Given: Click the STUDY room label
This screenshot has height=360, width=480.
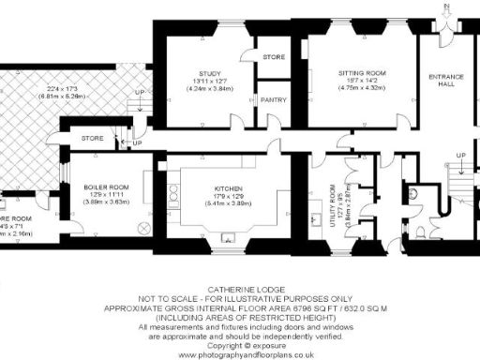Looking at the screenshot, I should [x=209, y=72].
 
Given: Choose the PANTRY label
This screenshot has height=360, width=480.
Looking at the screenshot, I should [x=274, y=98].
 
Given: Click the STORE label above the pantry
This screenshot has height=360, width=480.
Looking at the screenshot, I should [x=274, y=57].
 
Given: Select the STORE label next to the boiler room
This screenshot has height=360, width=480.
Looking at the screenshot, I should [x=93, y=140].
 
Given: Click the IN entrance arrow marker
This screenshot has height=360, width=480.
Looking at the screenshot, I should [x=448, y=7].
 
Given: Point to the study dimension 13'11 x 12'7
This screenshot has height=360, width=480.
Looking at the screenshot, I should [x=209, y=81].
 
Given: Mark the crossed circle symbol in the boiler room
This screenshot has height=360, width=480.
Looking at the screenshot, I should [x=143, y=229].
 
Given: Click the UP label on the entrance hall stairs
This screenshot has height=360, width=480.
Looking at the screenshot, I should [x=459, y=155].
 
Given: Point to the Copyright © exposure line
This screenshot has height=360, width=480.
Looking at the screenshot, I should [x=239, y=348].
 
